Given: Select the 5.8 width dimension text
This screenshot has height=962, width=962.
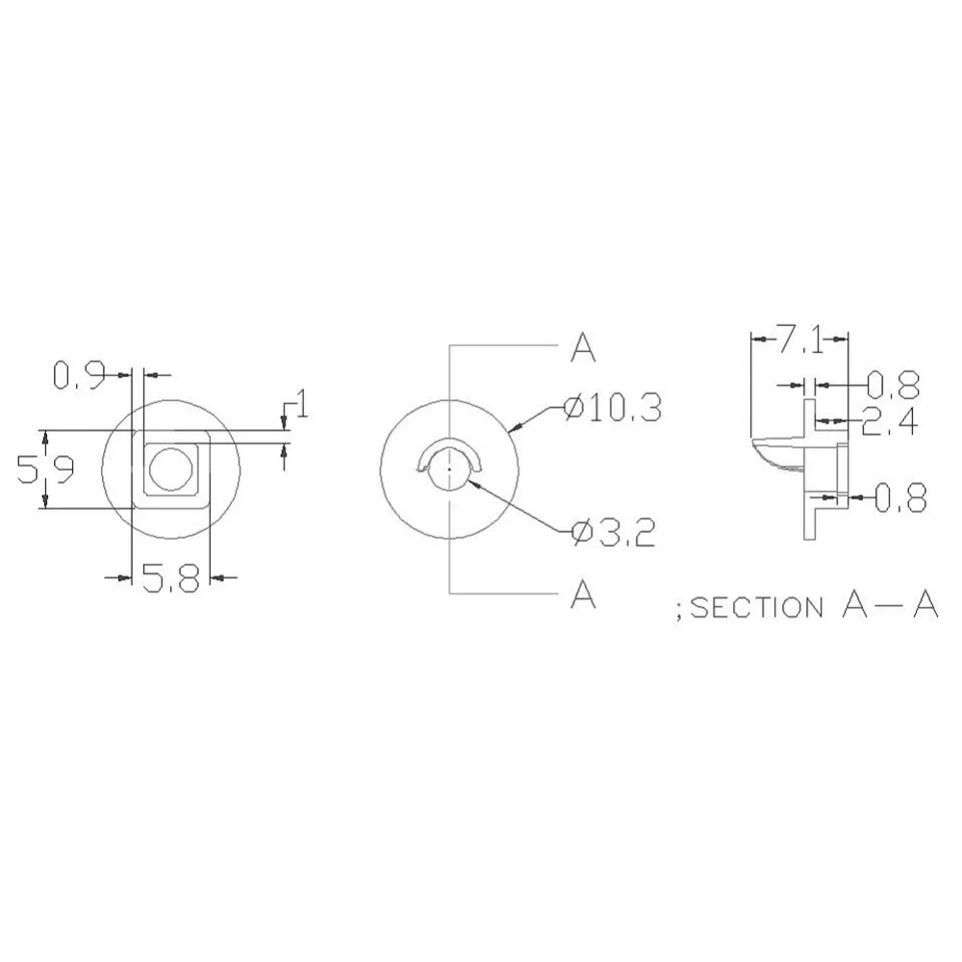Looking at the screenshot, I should tap(170, 579).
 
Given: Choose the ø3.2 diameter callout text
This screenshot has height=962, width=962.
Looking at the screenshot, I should tap(613, 532).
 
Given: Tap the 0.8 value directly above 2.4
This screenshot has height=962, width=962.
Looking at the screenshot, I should tap(893, 386).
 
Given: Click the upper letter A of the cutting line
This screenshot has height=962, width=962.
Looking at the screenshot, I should tap(583, 348).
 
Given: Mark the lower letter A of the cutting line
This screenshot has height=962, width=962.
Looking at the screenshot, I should tap(583, 595).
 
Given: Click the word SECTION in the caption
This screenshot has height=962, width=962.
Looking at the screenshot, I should tap(756, 608).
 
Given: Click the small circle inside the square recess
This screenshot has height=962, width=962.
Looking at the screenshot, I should tap(171, 467).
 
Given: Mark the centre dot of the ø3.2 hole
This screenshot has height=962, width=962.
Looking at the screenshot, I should tap(449, 468).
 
